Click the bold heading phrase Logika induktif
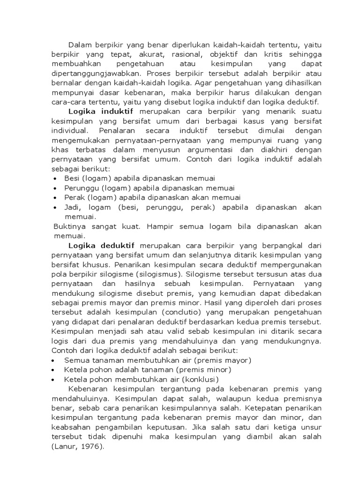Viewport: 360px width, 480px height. point(101,111)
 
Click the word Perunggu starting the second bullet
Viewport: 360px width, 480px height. point(79,187)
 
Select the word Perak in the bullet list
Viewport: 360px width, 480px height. point(73,197)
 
